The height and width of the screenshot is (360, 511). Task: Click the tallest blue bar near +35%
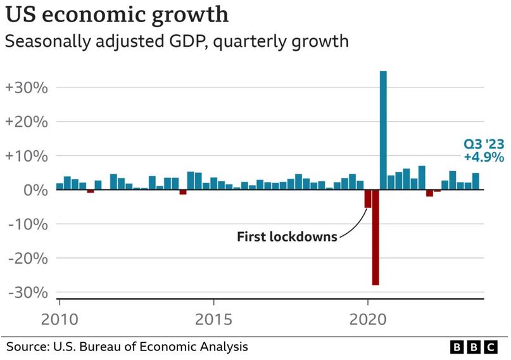[x=383, y=130]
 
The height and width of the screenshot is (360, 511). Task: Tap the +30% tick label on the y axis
[x=27, y=87]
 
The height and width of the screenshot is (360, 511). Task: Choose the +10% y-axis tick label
[x=27, y=156]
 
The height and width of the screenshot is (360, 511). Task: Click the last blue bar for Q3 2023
[x=476, y=181]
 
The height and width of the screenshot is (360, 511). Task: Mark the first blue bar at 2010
[x=60, y=186]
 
